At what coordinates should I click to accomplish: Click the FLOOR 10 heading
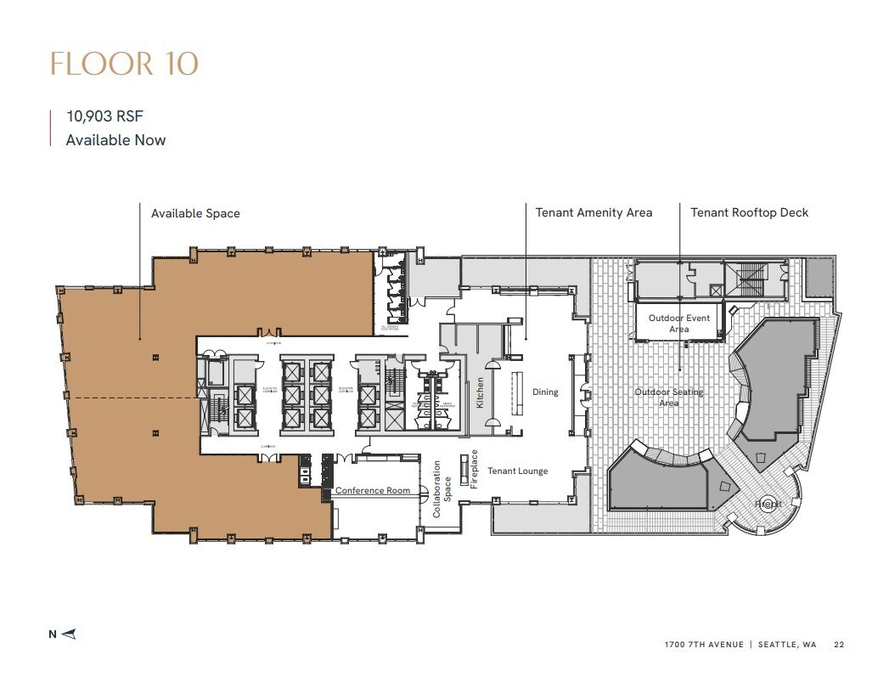[x=125, y=65]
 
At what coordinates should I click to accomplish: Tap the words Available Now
[x=115, y=140]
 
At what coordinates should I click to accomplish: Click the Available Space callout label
[x=195, y=213]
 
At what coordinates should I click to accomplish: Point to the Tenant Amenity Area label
[x=594, y=212]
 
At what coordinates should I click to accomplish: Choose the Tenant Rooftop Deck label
[x=749, y=212]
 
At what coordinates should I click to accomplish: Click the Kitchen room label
[x=480, y=393]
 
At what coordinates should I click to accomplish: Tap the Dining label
[x=545, y=392]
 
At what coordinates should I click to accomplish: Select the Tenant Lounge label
[x=517, y=471]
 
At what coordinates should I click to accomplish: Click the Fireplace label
[x=475, y=469]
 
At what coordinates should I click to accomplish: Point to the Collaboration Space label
[x=442, y=489]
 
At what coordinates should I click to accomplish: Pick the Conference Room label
[x=373, y=491]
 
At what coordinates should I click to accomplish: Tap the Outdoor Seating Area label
[x=669, y=398]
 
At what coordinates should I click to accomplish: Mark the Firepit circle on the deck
[x=768, y=504]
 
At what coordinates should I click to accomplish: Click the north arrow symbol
[x=69, y=633]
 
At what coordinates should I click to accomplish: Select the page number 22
[x=839, y=645]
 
